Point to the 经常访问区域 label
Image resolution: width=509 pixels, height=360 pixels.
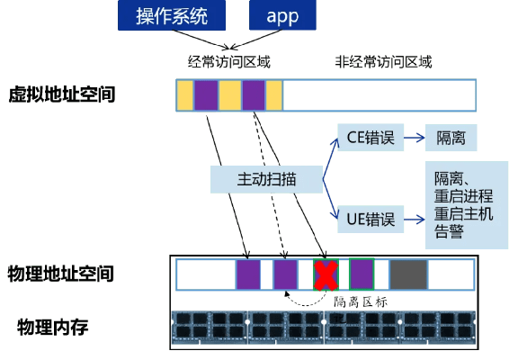(x=228, y=62)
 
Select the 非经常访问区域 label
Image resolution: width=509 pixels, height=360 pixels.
(x=383, y=62)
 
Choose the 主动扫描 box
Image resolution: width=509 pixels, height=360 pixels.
(x=266, y=178)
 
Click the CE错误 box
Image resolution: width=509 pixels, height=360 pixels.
(x=369, y=138)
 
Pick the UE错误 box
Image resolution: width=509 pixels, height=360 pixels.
(x=369, y=217)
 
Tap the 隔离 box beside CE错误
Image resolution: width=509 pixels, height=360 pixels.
(x=451, y=138)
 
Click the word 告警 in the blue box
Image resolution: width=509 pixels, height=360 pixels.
(x=450, y=232)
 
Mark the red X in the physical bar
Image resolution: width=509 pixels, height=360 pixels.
(x=325, y=274)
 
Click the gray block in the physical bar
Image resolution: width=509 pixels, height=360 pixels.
(x=407, y=274)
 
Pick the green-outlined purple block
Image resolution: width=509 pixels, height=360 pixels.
(x=362, y=274)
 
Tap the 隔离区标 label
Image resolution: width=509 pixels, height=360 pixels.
(x=360, y=302)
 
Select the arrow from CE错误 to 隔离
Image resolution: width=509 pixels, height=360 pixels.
(x=414, y=138)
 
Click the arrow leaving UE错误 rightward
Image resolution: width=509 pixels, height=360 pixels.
(x=414, y=217)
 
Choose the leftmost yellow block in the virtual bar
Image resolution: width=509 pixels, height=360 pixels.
(x=184, y=94)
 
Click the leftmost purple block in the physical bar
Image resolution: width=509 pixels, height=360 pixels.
(x=248, y=274)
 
